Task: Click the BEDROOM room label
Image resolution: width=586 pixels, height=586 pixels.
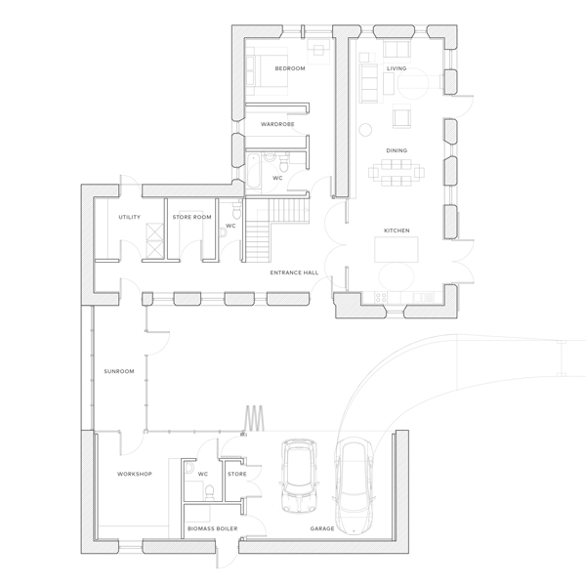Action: coord(290,68)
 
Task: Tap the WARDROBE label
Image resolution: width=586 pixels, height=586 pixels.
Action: coord(277,124)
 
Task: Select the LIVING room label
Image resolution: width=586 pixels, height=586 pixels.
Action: coord(397,68)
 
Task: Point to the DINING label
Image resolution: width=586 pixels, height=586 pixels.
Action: coord(397,150)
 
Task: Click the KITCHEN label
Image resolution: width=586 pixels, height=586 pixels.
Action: coord(397,230)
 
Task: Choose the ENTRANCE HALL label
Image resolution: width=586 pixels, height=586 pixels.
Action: coord(292,274)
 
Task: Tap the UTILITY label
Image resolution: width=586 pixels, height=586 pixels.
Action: coord(129,217)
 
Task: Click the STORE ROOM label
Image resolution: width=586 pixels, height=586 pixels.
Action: coord(191,217)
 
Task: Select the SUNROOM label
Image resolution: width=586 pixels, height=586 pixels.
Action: coord(118,371)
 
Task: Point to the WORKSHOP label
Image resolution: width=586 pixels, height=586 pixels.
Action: coord(134,475)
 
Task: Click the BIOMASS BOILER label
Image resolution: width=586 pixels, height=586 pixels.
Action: coord(211,528)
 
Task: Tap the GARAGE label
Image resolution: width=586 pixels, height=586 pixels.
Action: coord(322,528)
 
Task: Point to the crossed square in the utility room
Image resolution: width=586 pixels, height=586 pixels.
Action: coord(154,239)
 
